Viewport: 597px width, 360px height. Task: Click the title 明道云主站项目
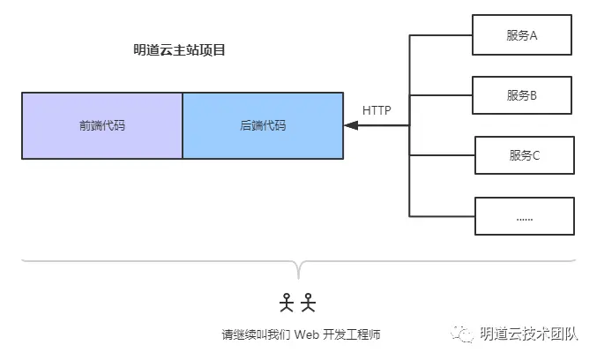pyautogui.click(x=180, y=50)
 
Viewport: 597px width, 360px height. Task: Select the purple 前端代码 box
pyautogui.click(x=102, y=125)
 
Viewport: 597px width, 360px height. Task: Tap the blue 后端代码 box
pyautogui.click(x=263, y=125)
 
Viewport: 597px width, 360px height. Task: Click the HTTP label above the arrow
pyautogui.click(x=377, y=110)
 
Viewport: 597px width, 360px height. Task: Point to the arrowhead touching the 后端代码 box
pyautogui.click(x=349, y=125)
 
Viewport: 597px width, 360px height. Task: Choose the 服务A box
pyautogui.click(x=523, y=35)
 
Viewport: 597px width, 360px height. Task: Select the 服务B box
pyautogui.click(x=523, y=96)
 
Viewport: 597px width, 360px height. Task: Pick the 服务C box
pyautogui.click(x=525, y=155)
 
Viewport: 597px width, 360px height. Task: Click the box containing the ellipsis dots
pyautogui.click(x=525, y=216)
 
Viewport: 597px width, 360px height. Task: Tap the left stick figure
pyautogui.click(x=287, y=302)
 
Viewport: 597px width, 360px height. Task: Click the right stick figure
pyautogui.click(x=308, y=302)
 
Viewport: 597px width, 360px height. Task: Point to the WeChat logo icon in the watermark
pyautogui.click(x=463, y=334)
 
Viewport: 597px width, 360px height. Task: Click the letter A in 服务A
pyautogui.click(x=534, y=35)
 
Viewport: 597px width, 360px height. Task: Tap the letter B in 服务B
pyautogui.click(x=534, y=96)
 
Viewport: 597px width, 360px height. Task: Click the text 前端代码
pyautogui.click(x=102, y=125)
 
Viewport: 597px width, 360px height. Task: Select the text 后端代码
pyautogui.click(x=263, y=125)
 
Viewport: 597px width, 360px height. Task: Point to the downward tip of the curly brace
pyautogui.click(x=298, y=277)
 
